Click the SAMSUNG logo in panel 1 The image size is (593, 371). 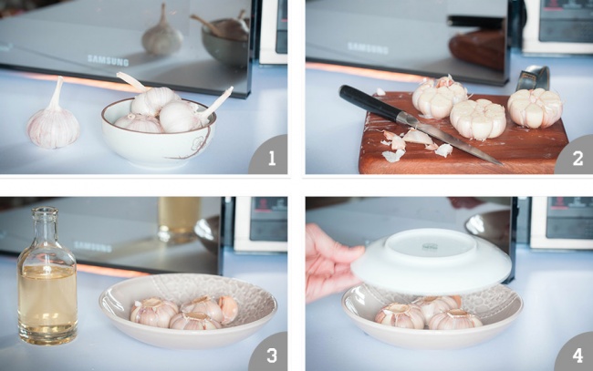tap(108, 59)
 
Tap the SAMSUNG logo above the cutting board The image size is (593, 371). tap(368, 48)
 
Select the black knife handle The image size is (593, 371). tap(369, 103)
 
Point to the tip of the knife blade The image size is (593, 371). tap(501, 164)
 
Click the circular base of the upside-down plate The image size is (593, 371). tap(430, 246)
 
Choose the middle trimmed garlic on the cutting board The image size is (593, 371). tap(478, 119)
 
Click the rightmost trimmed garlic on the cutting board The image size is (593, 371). tap(536, 108)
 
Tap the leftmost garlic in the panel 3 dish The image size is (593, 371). tap(153, 312)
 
